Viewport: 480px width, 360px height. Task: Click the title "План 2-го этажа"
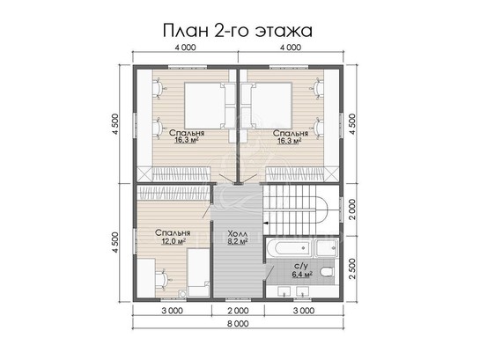(x=238, y=31)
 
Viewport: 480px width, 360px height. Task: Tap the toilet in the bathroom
(x=327, y=272)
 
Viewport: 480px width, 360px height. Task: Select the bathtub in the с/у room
(x=290, y=247)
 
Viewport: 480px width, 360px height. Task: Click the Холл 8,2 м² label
(x=238, y=238)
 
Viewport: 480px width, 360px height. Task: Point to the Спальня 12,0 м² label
(x=173, y=237)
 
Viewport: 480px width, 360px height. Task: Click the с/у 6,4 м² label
(x=301, y=269)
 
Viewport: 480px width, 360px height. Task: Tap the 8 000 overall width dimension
(x=238, y=323)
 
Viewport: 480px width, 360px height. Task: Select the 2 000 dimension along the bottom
(x=238, y=311)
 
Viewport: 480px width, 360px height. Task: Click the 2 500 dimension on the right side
(x=352, y=268)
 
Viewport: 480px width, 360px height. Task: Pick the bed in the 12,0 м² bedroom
(x=198, y=272)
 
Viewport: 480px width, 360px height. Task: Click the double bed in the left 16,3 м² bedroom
(x=204, y=106)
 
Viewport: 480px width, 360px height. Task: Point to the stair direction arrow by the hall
(x=267, y=223)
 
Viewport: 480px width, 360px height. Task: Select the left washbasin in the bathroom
(x=285, y=291)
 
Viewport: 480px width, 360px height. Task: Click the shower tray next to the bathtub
(x=327, y=248)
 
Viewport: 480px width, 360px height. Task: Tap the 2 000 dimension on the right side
(x=352, y=209)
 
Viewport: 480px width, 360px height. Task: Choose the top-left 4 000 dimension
(x=185, y=48)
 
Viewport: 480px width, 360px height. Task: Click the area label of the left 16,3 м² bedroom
(x=187, y=140)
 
